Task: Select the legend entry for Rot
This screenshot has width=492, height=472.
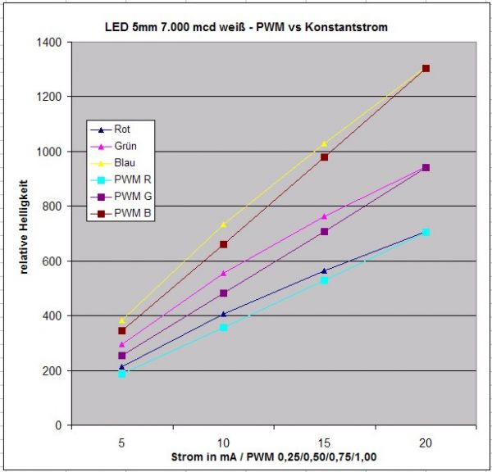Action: pos(121,129)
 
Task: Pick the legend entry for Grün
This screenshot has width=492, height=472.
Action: pos(122,146)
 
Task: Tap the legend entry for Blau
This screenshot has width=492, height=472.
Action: pos(122,163)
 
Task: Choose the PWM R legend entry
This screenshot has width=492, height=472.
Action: pos(127,180)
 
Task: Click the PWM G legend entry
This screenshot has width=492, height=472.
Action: pos(128,197)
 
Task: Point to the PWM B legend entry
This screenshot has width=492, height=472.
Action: pos(127,215)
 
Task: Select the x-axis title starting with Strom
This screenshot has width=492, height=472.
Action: pos(274,456)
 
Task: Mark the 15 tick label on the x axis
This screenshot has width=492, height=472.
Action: pos(324,440)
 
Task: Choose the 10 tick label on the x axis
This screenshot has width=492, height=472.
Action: pos(223,440)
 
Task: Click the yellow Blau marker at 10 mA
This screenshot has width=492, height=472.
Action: pos(223,224)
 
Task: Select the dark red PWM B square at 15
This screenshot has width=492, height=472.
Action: pos(325,157)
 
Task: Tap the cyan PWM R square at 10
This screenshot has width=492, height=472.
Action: pos(223,328)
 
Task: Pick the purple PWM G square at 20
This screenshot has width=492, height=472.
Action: pos(426,167)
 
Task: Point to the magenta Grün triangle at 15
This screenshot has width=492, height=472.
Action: pos(325,216)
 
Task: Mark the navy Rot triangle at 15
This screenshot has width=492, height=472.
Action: pos(325,270)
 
